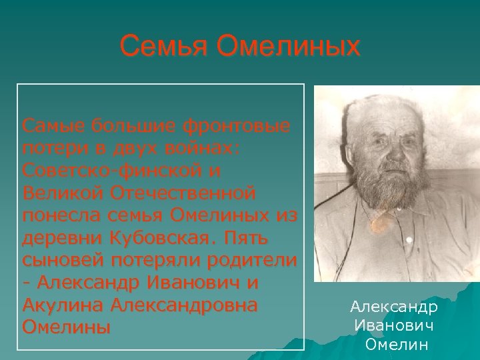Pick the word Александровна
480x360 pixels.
pyautogui.click(x=186, y=306)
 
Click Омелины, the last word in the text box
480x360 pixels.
pyautogui.click(x=66, y=329)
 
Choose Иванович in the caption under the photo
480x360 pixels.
pyautogui.click(x=394, y=326)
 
